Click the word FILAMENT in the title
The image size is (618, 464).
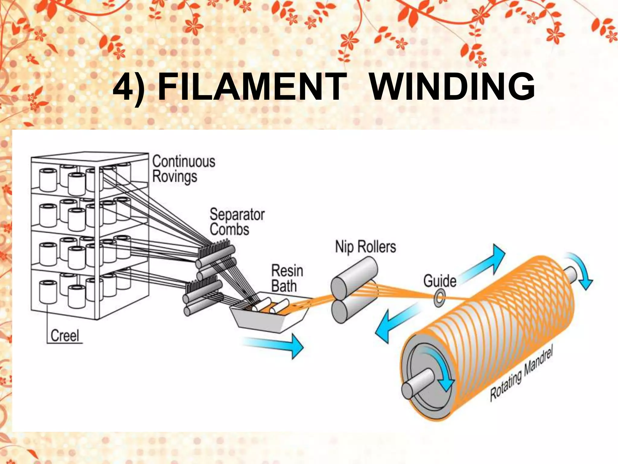[x=252, y=88]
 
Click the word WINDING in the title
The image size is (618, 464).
[x=452, y=88]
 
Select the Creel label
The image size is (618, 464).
[x=65, y=336]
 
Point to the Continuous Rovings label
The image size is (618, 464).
[x=183, y=169]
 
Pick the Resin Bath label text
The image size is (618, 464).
[x=287, y=278]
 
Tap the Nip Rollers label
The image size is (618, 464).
[x=365, y=247]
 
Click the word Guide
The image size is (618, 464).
[x=440, y=281]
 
